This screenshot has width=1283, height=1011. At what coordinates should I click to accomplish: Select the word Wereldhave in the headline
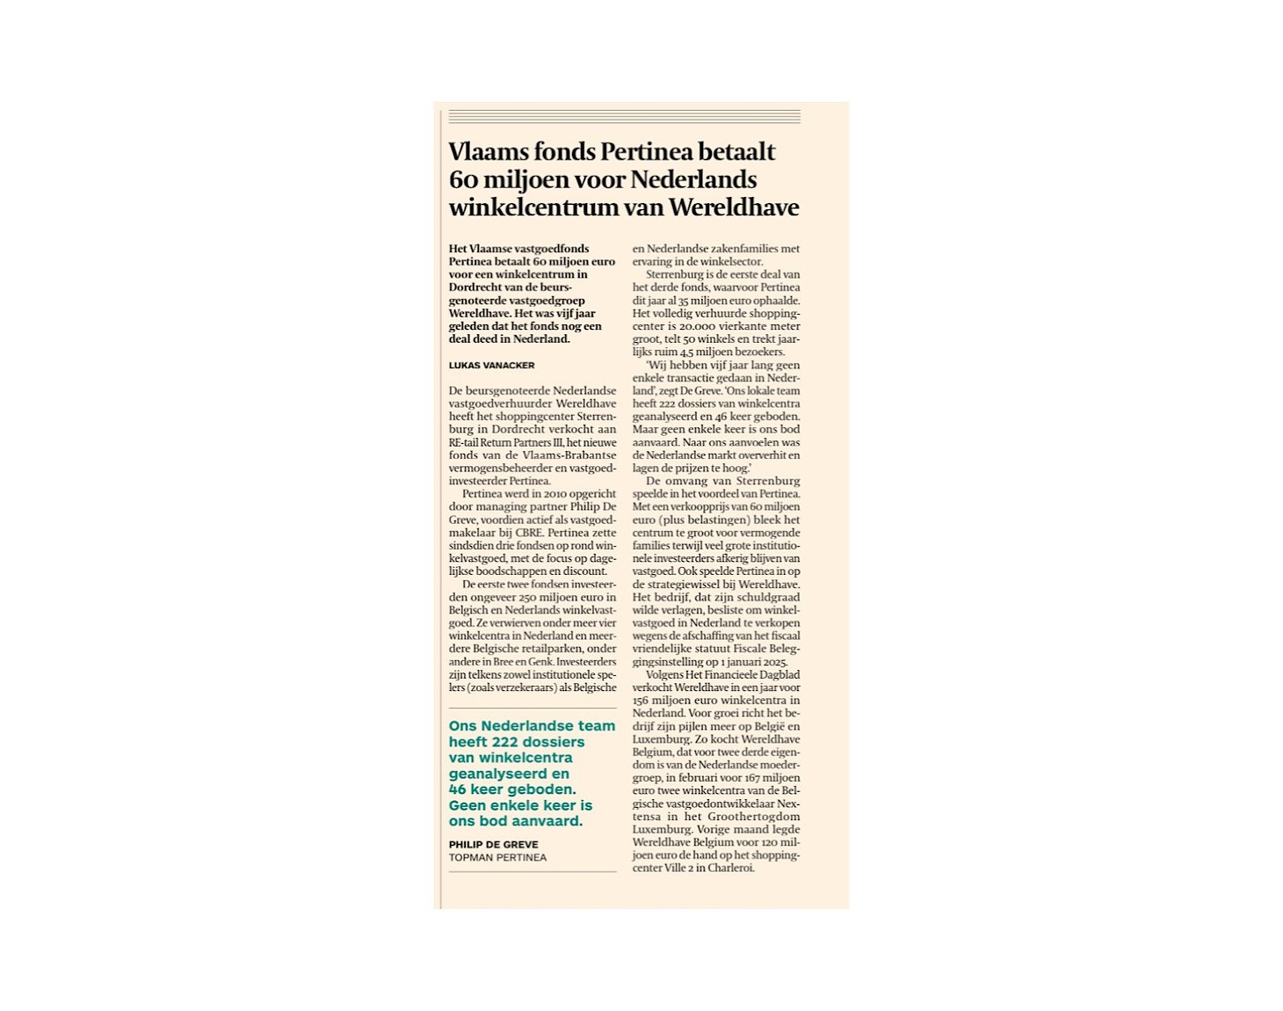point(734,208)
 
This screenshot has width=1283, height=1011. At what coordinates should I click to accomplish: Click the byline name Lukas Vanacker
point(491,366)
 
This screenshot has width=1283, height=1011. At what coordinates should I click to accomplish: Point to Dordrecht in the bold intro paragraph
point(476,287)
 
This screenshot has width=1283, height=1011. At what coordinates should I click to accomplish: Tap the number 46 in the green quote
point(458,789)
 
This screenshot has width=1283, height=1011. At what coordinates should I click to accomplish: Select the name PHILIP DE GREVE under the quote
point(493,845)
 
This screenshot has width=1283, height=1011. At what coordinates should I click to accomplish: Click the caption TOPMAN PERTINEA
point(497,858)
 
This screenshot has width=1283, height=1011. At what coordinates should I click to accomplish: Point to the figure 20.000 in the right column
point(703,326)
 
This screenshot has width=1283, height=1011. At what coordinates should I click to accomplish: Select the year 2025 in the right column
point(774,662)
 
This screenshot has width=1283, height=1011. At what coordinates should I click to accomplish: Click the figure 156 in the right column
point(641,701)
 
